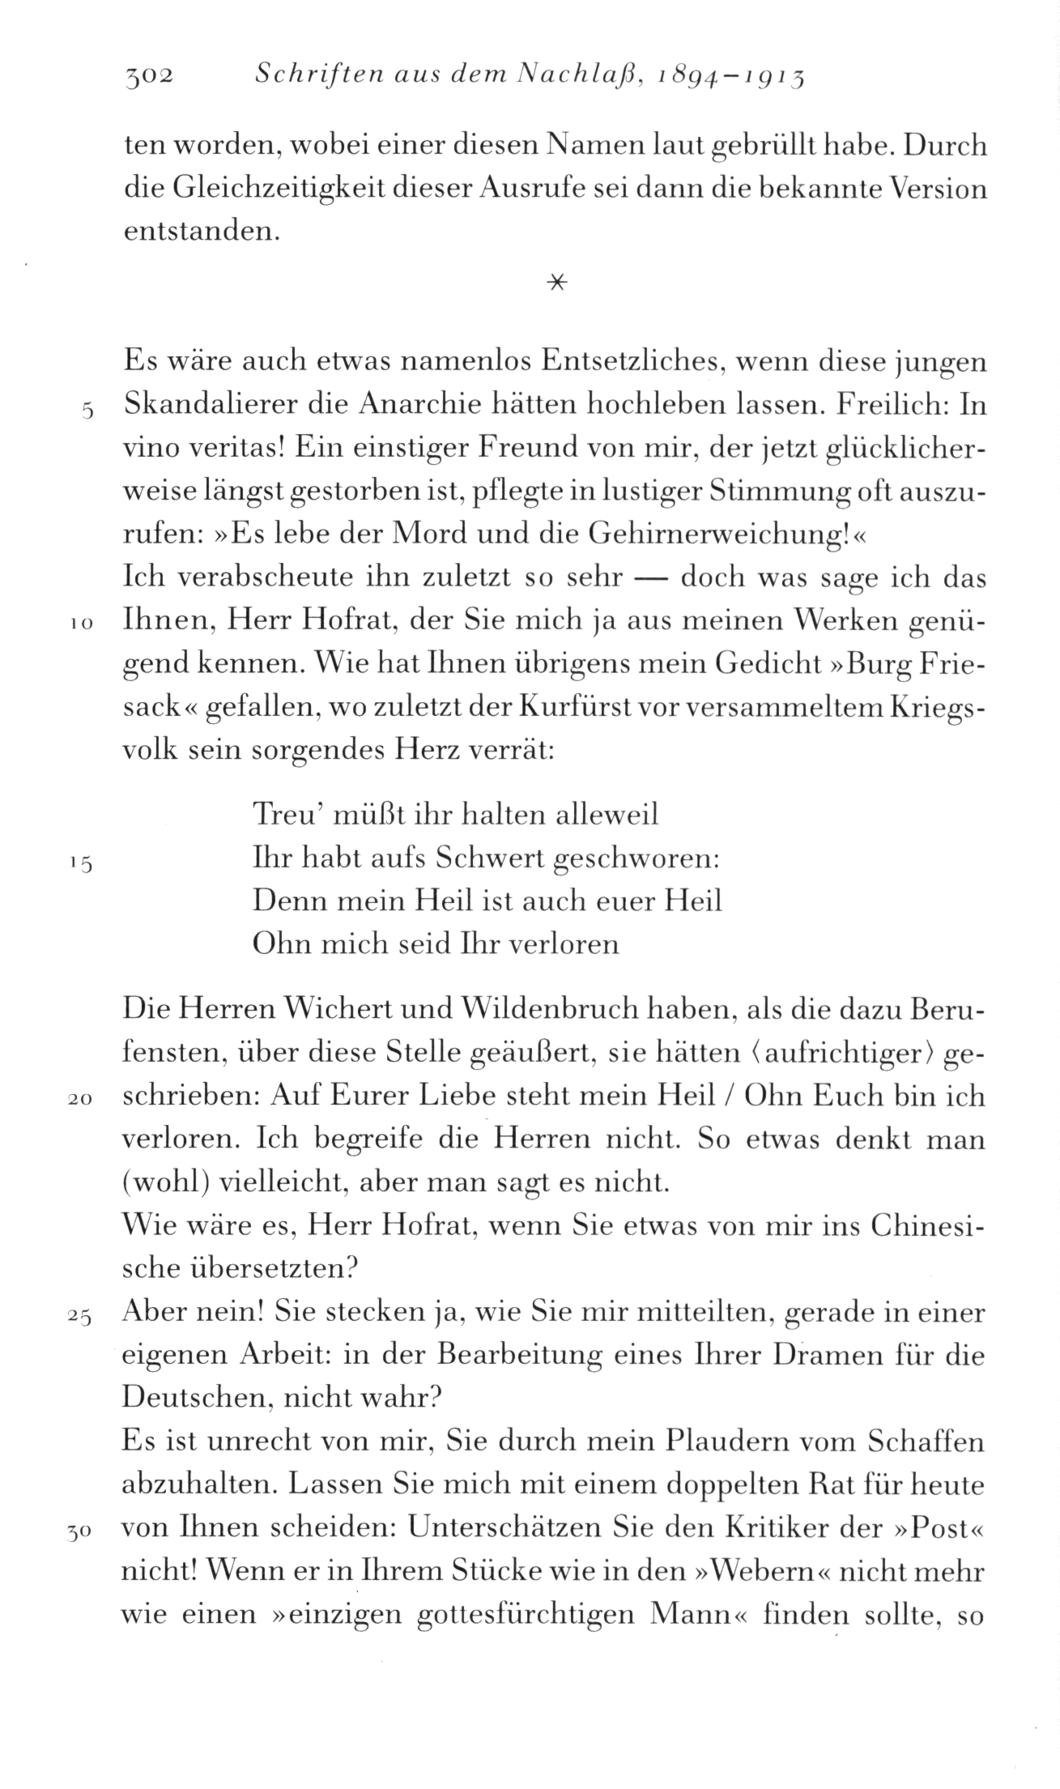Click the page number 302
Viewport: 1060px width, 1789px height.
pos(149,77)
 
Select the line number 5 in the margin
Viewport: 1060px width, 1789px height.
pos(88,411)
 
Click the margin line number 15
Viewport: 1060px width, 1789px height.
pos(82,863)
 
